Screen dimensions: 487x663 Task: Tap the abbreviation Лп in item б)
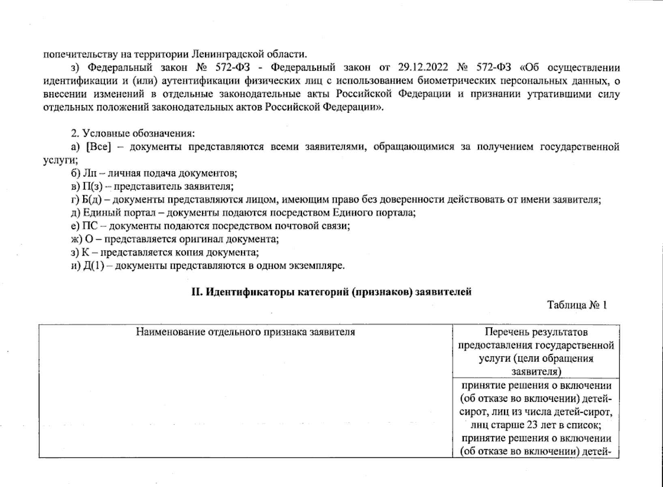(90, 173)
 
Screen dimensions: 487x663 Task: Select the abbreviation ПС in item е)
(90, 226)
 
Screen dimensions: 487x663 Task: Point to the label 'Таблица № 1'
(577, 305)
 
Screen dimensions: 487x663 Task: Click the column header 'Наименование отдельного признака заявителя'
(245, 332)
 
